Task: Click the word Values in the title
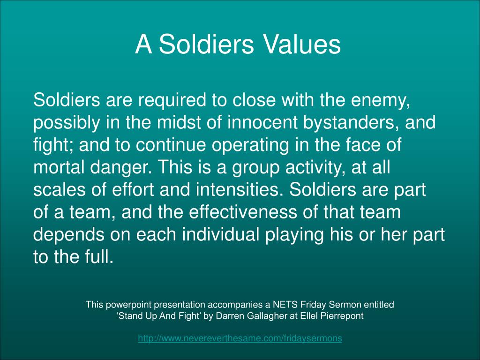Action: pos(301,45)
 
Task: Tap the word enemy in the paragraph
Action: pos(384,100)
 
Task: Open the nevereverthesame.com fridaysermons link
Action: pos(240,338)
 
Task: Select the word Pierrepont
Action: pos(343,316)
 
